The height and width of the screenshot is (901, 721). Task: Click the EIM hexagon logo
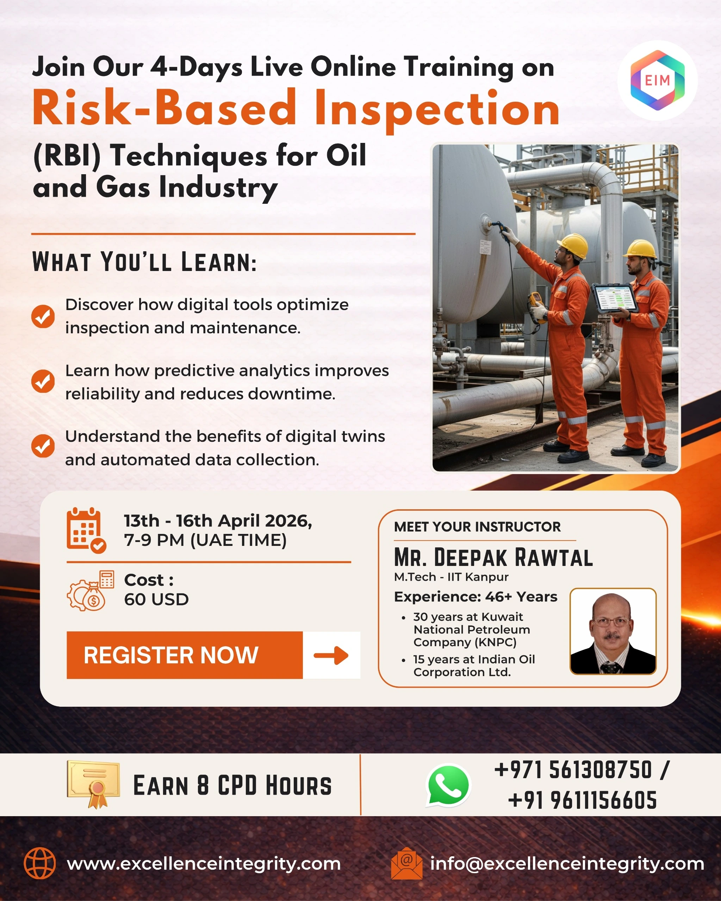(x=658, y=80)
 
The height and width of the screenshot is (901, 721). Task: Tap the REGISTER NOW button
(x=185, y=655)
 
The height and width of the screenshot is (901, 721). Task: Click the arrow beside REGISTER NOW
(x=331, y=655)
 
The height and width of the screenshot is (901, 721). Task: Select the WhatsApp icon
(x=448, y=785)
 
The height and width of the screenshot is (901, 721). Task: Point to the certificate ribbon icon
(x=94, y=785)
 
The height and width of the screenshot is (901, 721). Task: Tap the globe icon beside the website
(x=40, y=863)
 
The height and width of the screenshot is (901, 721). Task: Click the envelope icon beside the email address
(x=406, y=863)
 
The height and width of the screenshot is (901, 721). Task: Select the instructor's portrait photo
(x=613, y=631)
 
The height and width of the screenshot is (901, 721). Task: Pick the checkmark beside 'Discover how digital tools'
(x=43, y=316)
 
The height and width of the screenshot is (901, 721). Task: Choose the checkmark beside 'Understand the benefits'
(x=43, y=446)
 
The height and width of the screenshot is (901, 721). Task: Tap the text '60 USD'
(x=156, y=599)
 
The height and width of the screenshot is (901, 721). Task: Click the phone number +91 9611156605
(x=583, y=800)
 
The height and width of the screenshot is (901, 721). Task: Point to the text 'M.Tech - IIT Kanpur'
(x=451, y=577)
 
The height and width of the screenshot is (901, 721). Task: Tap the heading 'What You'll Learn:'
(x=144, y=262)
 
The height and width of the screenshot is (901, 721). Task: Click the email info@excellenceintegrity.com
(x=567, y=863)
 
